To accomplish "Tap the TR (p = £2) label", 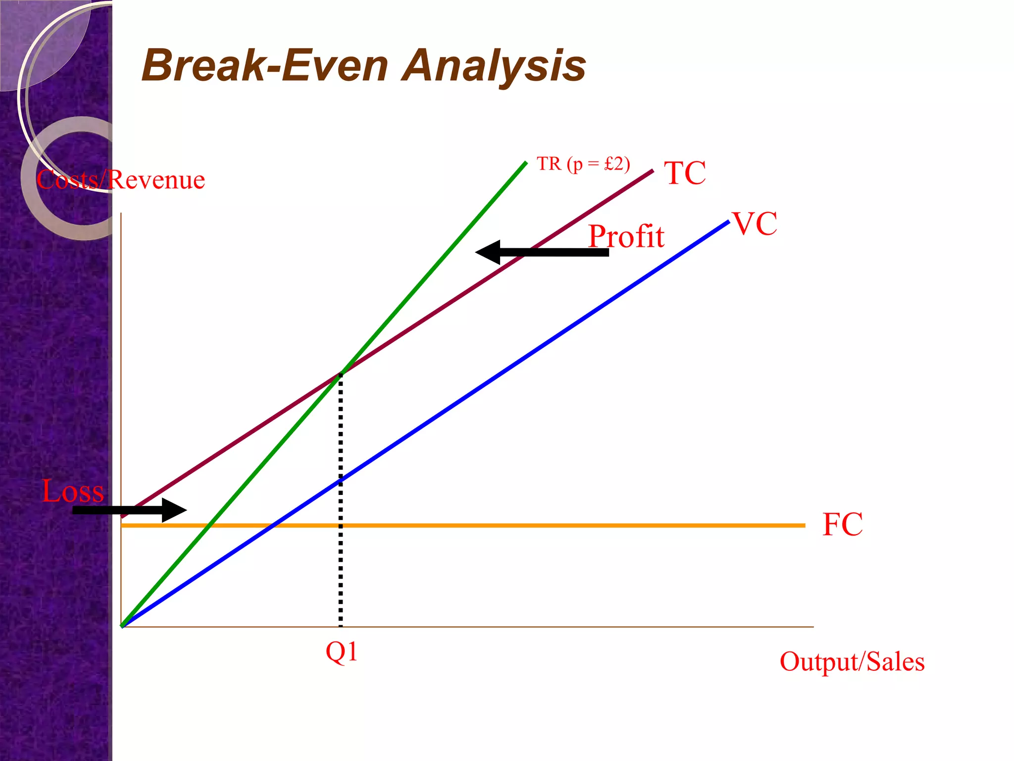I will pyautogui.click(x=583, y=163).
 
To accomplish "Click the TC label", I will pyautogui.click(x=685, y=173).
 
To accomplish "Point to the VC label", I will pyautogui.click(x=755, y=223).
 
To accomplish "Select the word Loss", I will pyautogui.click(x=73, y=491).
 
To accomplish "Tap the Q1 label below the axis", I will pyautogui.click(x=341, y=652).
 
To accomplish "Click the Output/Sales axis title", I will pyautogui.click(x=852, y=661).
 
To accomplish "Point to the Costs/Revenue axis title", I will pyautogui.click(x=120, y=179).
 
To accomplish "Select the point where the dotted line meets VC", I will pyautogui.click(x=341, y=480).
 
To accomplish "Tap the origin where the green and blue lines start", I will pyautogui.click(x=122, y=626).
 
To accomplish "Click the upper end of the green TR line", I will pyautogui.click(x=525, y=163).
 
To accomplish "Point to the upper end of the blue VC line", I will pyautogui.click(x=728, y=221).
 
